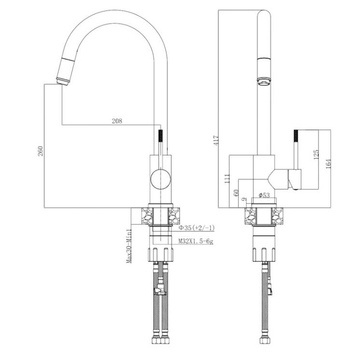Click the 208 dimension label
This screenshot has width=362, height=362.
tap(117, 121)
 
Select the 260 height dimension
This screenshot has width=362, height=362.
tap(41, 151)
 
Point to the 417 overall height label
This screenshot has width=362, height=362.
tap(216, 140)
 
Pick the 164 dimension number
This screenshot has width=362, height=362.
tap(328, 164)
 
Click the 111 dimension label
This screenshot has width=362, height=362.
tap(227, 179)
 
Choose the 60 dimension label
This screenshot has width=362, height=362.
tap(236, 193)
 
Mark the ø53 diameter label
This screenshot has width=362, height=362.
tap(264, 195)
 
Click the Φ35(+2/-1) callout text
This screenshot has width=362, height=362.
tap(197, 228)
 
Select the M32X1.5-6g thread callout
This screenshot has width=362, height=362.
tap(196, 241)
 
